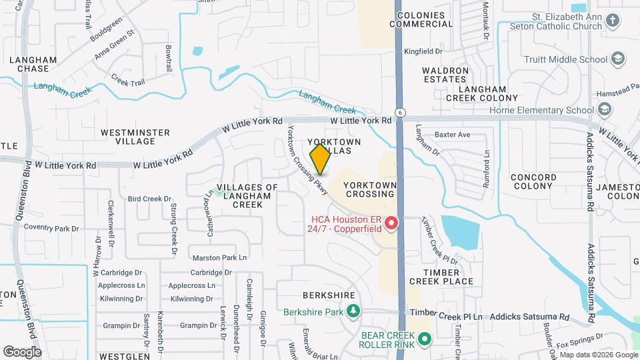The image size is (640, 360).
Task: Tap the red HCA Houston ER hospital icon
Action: click(392, 223)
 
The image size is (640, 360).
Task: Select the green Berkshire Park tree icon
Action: click(352, 311)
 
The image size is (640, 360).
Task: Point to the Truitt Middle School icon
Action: click(618, 59)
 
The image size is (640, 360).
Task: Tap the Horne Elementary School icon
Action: click(604, 109)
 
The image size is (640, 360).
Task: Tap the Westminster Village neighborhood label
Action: click(135, 137)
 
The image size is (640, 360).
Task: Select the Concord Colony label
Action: click(533, 181)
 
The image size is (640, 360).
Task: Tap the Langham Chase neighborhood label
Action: click(29, 64)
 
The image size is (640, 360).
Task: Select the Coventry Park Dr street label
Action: click(51, 228)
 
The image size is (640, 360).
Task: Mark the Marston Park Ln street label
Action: click(219, 258)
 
